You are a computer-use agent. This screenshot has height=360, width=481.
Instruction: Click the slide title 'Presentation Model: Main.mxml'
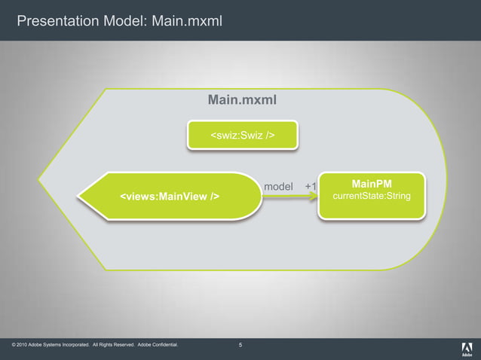point(119,20)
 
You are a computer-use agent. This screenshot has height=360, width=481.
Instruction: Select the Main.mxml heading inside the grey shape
point(242,99)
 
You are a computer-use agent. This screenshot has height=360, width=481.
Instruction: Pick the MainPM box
point(372,195)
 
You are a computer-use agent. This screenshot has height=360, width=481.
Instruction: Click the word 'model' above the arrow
point(278,186)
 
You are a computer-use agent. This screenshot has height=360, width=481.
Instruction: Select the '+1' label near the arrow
point(311,186)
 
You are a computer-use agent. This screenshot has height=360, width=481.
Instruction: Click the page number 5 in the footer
point(240,346)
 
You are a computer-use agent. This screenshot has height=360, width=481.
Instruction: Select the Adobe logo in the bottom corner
point(467,348)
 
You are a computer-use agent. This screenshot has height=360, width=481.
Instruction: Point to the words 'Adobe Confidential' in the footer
point(158,346)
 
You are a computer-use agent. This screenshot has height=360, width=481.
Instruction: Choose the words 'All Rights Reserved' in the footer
point(112,346)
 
